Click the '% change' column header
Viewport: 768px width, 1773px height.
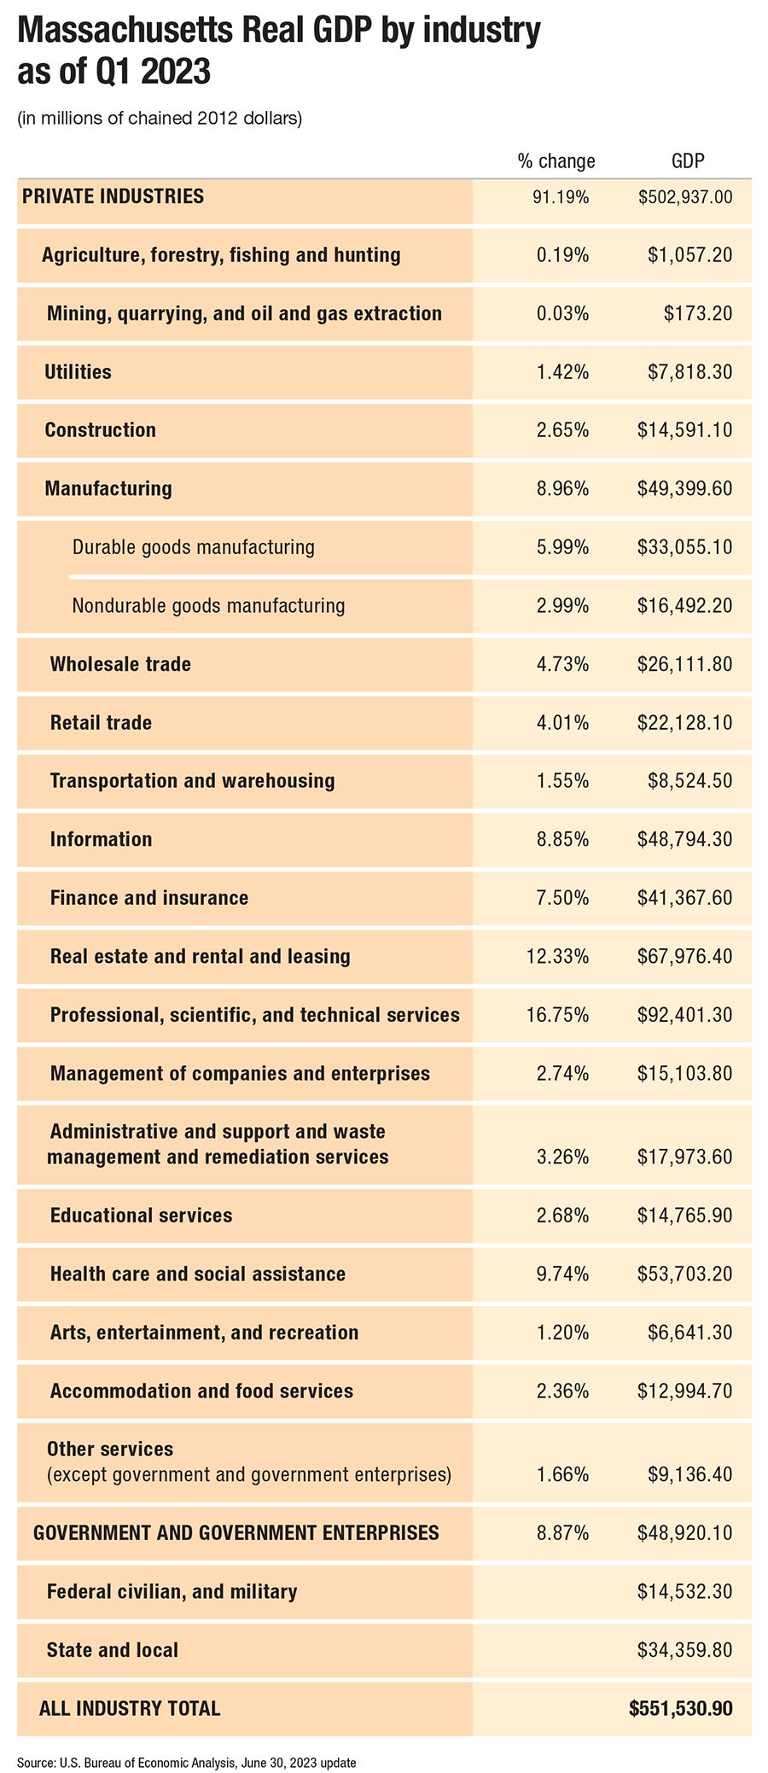(556, 161)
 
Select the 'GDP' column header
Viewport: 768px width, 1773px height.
(688, 161)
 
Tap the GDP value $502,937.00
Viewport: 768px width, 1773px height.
(685, 197)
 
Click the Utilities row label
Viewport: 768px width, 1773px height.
(78, 372)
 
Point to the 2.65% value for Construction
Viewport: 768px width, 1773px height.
(562, 430)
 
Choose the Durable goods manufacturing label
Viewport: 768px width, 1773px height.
(193, 547)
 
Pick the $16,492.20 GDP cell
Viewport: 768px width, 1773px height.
(684, 606)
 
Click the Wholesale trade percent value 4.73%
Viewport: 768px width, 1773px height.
(562, 664)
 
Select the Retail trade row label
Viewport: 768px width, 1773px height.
(101, 723)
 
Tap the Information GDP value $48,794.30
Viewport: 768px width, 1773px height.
(684, 840)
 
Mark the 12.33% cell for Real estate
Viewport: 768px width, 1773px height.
(557, 957)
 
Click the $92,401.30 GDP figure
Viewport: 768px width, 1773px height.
(684, 1015)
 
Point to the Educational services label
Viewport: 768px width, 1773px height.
(141, 1216)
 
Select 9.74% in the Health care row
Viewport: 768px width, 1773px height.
(562, 1274)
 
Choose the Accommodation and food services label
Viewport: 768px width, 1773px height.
(201, 1391)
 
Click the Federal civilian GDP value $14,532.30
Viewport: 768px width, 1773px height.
(684, 1592)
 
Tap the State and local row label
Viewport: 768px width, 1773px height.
(113, 1650)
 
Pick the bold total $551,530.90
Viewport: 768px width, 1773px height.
(680, 1709)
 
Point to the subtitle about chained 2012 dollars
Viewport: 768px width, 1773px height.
(160, 118)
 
